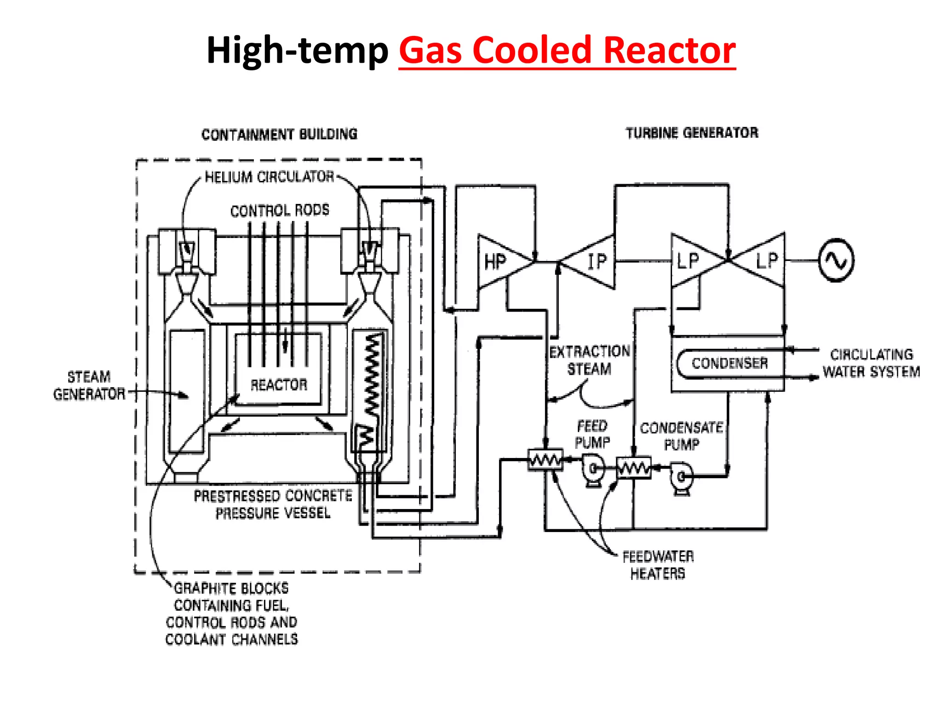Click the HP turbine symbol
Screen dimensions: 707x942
[x=499, y=262]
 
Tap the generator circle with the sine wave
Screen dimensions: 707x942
[x=836, y=260]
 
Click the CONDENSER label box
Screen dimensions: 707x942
[x=730, y=364]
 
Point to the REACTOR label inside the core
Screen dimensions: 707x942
[x=279, y=385]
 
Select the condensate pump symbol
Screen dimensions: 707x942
[x=681, y=478]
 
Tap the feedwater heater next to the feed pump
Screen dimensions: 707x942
[x=546, y=459]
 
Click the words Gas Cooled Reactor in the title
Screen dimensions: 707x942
[x=567, y=51]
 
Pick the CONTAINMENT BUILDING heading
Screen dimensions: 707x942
[x=279, y=134]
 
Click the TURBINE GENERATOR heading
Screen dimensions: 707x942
[x=692, y=133]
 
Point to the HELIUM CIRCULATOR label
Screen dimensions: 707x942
[x=270, y=177]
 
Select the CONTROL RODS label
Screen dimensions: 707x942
[x=280, y=211]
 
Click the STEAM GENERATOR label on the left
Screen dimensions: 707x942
[x=89, y=386]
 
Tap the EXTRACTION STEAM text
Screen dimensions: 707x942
[x=590, y=360]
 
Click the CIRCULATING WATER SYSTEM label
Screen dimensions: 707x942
[x=871, y=363]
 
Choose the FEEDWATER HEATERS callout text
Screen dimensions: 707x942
[x=658, y=565]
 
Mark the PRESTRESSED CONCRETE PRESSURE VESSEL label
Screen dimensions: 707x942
[x=273, y=504]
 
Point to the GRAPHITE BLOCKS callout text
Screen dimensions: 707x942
[x=231, y=614]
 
